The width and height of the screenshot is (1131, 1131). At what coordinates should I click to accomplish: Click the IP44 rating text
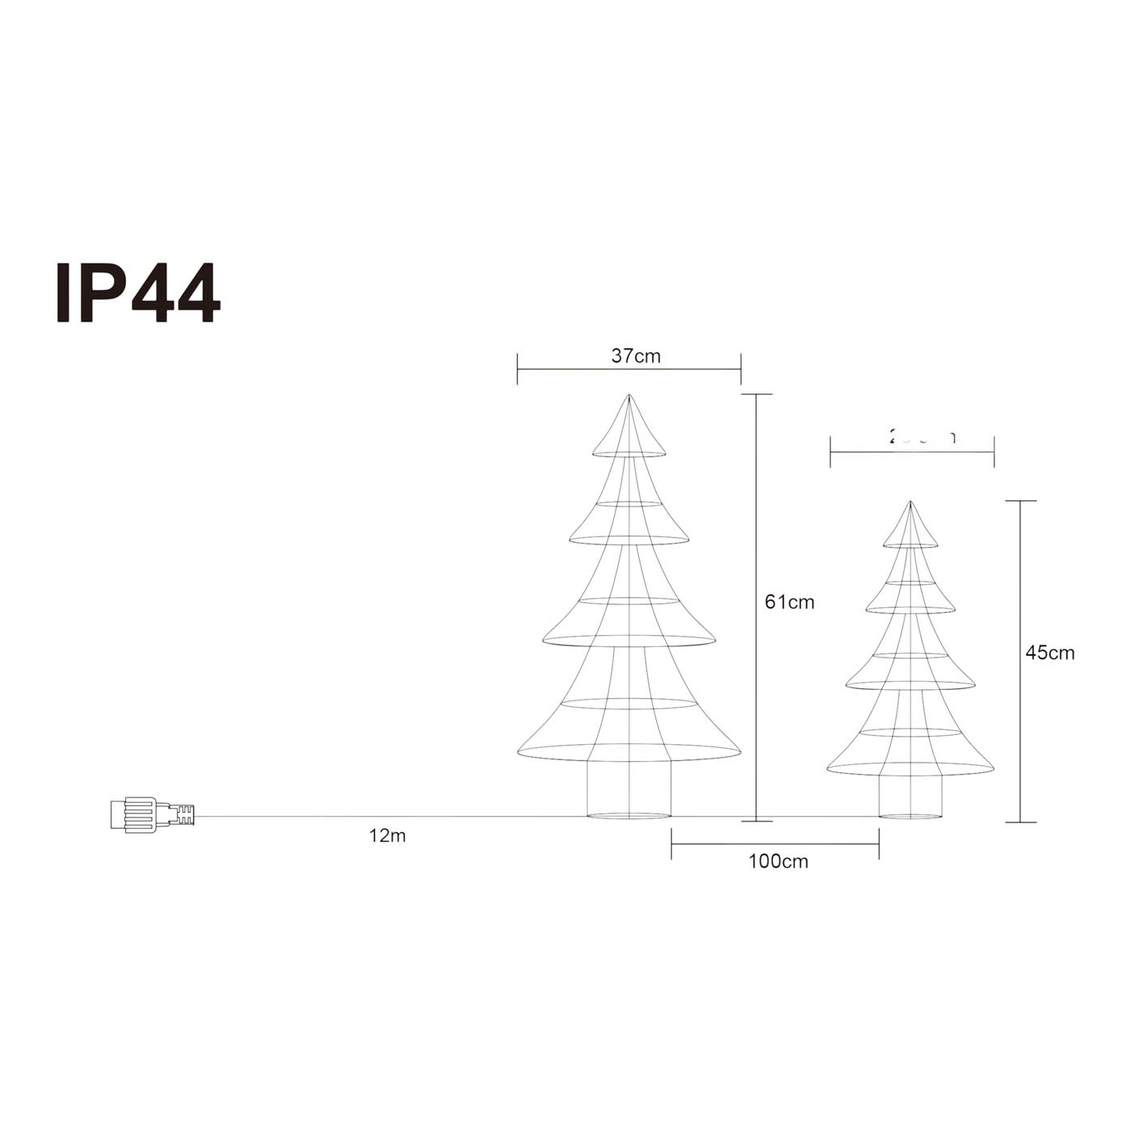click(137, 293)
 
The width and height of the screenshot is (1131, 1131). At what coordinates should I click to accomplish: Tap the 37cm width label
click(636, 356)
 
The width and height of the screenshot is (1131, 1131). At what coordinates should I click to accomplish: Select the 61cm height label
click(789, 602)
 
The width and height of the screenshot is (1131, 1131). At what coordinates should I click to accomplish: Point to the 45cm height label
click(1049, 653)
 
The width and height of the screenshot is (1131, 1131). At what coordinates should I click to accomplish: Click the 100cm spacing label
click(778, 861)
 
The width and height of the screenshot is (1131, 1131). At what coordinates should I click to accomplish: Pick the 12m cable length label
click(387, 836)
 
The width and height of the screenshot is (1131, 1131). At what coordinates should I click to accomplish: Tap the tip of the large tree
click(629, 396)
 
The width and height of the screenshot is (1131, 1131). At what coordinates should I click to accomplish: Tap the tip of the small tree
click(910, 502)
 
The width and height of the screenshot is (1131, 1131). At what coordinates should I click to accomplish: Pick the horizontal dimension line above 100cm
click(776, 845)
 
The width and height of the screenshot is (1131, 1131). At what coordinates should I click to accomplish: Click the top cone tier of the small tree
click(910, 530)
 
